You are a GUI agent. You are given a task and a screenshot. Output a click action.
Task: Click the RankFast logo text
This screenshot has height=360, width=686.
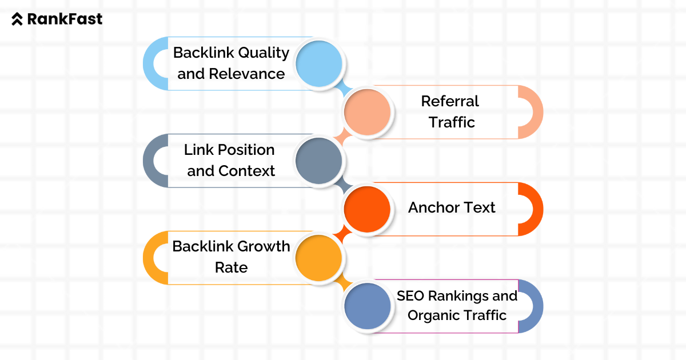[65, 19]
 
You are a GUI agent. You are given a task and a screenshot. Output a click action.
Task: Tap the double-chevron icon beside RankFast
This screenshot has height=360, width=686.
[18, 19]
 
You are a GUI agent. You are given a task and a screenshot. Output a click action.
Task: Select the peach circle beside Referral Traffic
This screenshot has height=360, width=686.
[367, 112]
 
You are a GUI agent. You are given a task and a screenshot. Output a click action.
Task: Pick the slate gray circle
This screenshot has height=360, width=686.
[319, 161]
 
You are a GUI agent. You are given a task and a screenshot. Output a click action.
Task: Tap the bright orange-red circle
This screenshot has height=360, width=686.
[367, 209]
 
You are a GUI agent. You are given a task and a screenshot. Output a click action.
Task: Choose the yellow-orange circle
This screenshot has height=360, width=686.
[319, 258]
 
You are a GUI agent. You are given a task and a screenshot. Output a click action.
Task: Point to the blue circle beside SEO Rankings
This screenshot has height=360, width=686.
[367, 306]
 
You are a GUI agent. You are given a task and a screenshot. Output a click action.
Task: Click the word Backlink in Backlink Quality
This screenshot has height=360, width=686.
[203, 53]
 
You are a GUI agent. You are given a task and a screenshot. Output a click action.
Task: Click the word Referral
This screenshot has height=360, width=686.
[450, 101]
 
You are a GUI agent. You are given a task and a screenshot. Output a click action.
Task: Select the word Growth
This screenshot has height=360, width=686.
[264, 247]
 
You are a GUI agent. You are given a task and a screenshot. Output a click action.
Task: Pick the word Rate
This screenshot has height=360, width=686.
[231, 267]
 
